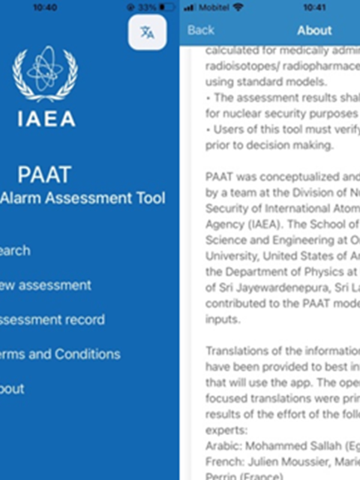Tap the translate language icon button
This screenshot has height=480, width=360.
click(147, 32)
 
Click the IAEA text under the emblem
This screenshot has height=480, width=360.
click(46, 118)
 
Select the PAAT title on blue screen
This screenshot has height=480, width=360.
click(44, 175)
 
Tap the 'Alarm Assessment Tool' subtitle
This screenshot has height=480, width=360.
click(82, 199)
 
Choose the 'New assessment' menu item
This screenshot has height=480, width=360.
click(46, 285)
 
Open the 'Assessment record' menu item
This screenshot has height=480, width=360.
click(52, 319)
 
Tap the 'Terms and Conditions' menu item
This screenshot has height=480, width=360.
click(59, 354)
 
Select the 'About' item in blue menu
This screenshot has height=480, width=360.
click(12, 389)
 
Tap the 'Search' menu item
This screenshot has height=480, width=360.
click(14, 250)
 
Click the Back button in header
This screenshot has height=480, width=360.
click(200, 30)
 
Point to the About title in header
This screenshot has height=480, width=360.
click(314, 30)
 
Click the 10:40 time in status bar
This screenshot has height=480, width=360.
click(45, 8)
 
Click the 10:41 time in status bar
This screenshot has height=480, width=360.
click(314, 8)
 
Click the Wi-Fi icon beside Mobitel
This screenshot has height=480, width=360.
click(239, 8)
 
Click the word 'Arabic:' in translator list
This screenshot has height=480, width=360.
click(221, 446)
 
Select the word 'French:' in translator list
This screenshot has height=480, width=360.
click(221, 461)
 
